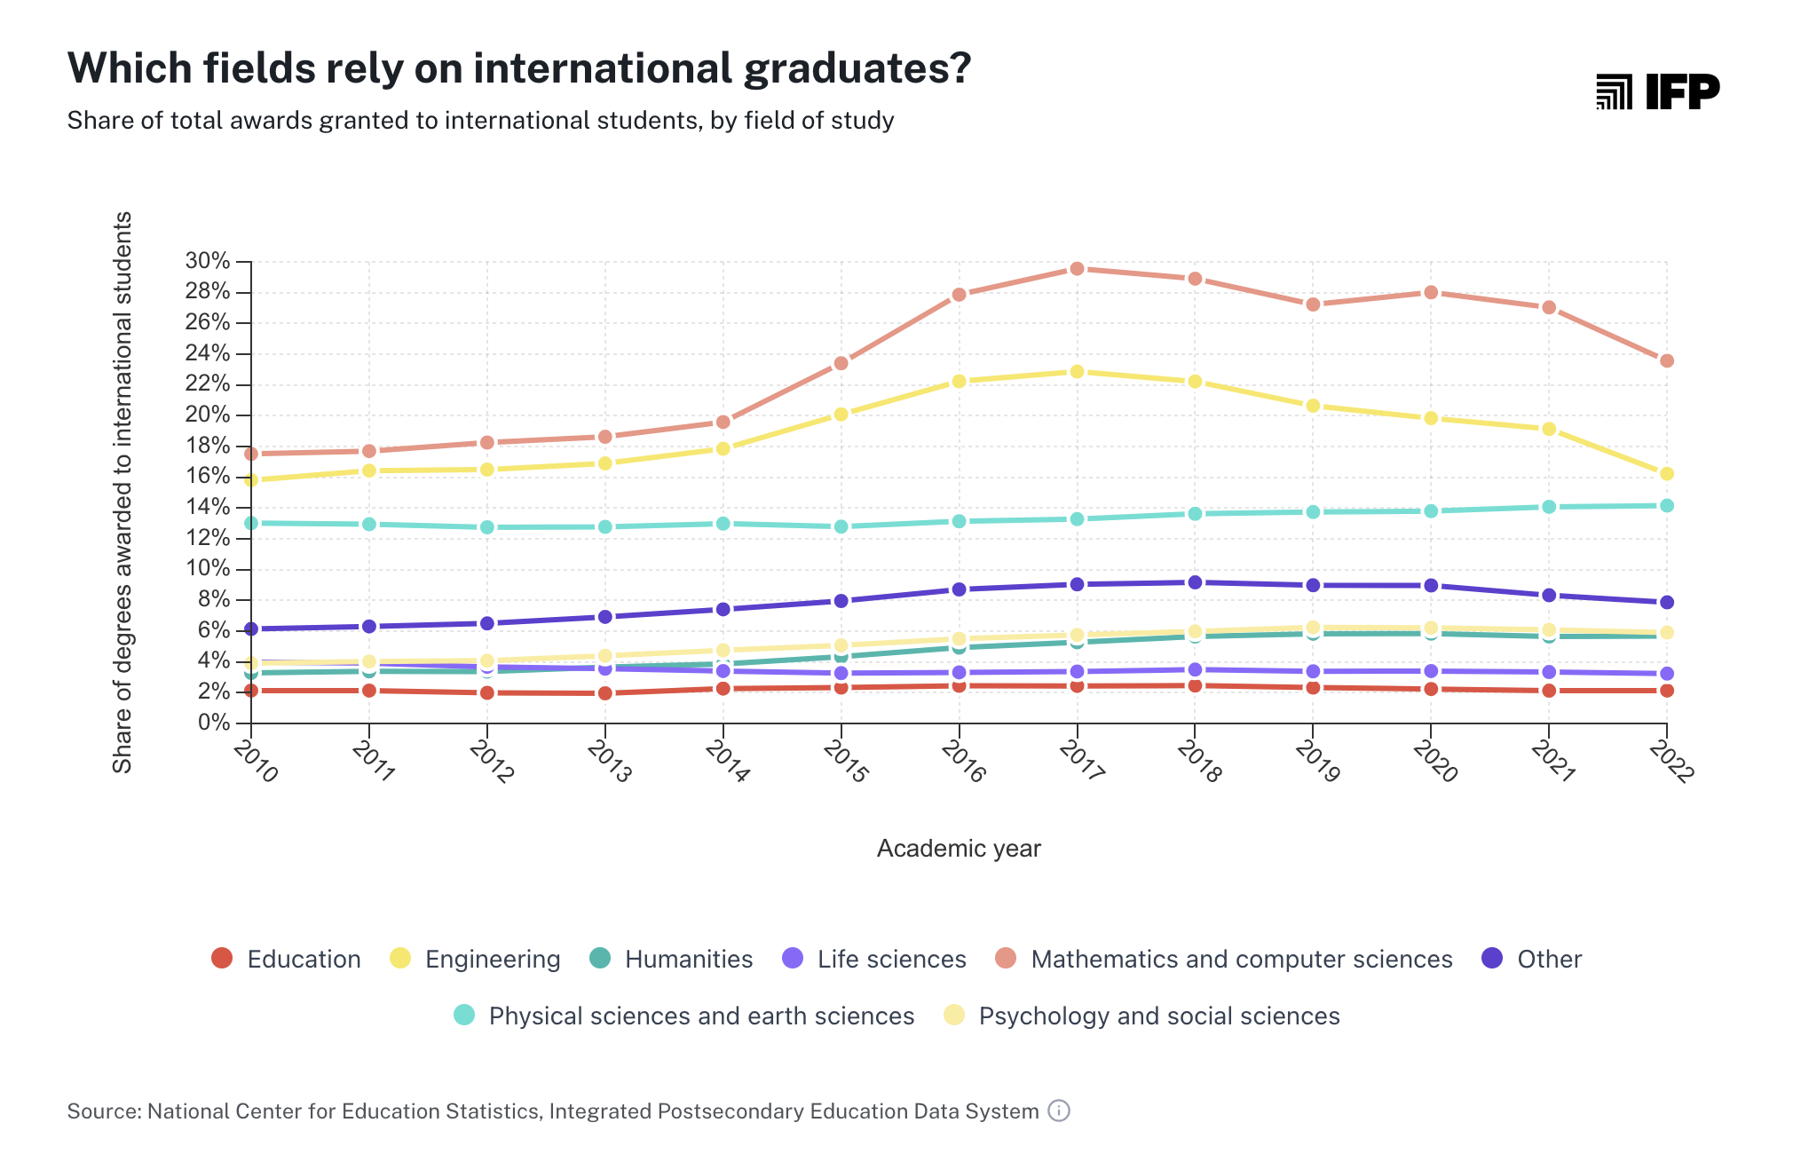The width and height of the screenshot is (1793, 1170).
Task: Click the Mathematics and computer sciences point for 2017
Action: click(1077, 268)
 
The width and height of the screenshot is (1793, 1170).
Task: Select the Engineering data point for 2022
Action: click(1666, 474)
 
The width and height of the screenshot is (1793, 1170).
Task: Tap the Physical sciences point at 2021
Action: click(1548, 507)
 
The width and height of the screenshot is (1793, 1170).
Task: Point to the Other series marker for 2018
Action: click(1195, 582)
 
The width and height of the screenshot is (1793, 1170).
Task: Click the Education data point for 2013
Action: click(604, 693)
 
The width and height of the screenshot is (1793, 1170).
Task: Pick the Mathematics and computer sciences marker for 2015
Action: click(841, 363)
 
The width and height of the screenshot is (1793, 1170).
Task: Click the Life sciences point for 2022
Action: click(1666, 674)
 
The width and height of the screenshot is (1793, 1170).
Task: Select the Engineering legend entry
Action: click(476, 960)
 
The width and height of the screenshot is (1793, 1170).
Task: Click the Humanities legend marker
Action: click(600, 959)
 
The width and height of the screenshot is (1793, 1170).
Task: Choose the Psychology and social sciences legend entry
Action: click(1141, 1016)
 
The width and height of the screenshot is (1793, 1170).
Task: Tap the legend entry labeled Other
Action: click(1532, 960)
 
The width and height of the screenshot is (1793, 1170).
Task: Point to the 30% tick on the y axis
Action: click(208, 261)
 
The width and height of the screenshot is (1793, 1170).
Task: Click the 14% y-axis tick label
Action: click(208, 507)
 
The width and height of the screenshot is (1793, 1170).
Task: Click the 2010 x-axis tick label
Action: click(256, 763)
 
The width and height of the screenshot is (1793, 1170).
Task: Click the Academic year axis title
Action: click(959, 849)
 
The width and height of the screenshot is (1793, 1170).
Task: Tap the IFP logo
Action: click(1657, 91)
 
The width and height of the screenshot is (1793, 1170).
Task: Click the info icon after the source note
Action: click(1059, 1111)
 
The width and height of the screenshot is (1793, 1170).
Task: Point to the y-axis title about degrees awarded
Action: click(122, 493)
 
